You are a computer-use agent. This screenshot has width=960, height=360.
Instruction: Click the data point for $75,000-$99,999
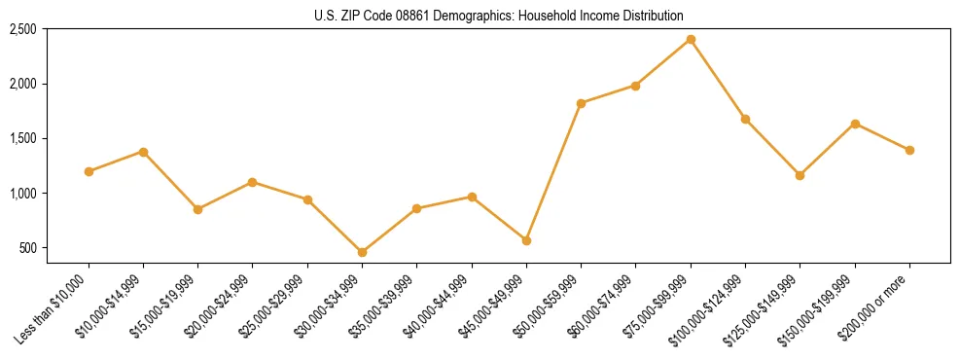[x=691, y=39]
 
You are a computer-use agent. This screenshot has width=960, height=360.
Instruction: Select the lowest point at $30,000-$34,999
[x=362, y=252]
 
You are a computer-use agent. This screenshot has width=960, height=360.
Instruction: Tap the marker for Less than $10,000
[x=89, y=171]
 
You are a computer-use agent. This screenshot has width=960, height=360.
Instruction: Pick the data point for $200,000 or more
[x=909, y=150]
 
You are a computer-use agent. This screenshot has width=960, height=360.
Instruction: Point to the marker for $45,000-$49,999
[x=526, y=240]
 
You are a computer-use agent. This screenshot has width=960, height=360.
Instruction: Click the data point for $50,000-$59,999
[x=581, y=103]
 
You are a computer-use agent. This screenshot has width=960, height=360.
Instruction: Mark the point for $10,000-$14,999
[x=143, y=152]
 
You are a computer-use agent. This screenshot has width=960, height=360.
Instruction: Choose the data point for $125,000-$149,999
[x=800, y=175]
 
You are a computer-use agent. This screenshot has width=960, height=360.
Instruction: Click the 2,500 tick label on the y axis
[x=22, y=29]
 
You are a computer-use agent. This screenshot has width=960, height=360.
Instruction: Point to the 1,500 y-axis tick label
[x=22, y=138]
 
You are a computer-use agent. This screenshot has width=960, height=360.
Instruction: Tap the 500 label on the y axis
[x=27, y=248]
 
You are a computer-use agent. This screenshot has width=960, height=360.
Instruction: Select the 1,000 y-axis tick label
[x=22, y=194]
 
